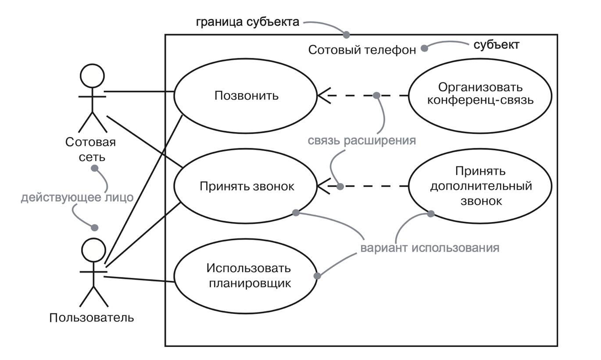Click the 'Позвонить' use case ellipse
(x=246, y=96)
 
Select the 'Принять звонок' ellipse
(x=246, y=187)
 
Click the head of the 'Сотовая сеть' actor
(x=92, y=75)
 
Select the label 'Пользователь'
(x=92, y=317)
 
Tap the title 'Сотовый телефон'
(x=362, y=50)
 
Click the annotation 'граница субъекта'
(x=247, y=22)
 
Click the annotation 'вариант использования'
(x=430, y=248)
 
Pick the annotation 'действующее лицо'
(x=77, y=198)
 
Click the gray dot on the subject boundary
(x=346, y=34)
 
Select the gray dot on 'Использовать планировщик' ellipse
(x=318, y=276)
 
